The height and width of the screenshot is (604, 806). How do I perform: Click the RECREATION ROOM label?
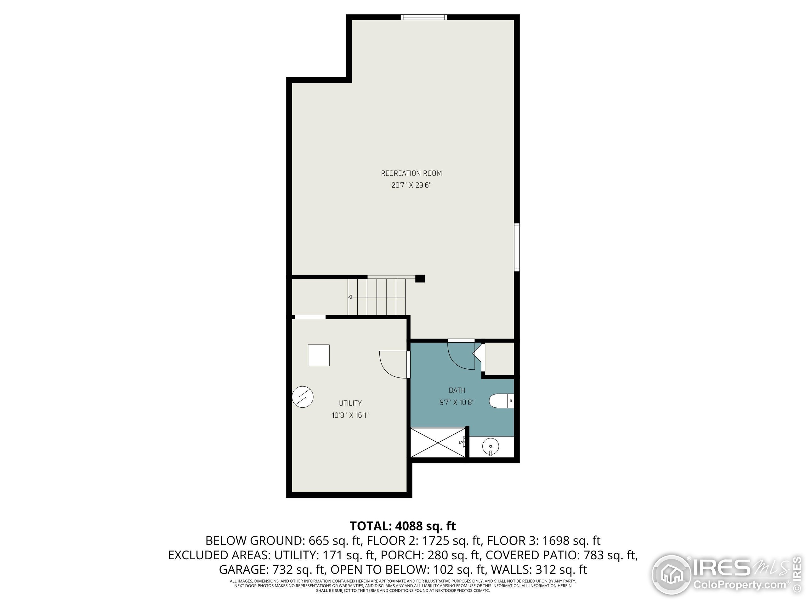pos(412,173)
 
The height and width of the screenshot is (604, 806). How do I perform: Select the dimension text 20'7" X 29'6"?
pos(412,185)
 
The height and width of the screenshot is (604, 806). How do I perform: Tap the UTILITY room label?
pos(350,403)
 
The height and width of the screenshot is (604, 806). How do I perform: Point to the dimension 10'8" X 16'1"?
pos(350,415)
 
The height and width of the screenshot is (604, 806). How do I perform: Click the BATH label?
pos(457,390)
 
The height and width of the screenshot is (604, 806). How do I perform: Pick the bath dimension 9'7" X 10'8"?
pos(457,402)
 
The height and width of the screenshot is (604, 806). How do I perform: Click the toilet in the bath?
pos(501,401)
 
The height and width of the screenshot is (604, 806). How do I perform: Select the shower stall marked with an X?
pos(438,443)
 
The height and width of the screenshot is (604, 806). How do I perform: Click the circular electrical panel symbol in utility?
pos(303,396)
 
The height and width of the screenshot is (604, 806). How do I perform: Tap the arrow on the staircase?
pos(350,297)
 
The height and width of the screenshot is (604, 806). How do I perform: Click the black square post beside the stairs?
pos(420,278)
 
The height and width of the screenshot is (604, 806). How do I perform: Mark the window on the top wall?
pos(424,17)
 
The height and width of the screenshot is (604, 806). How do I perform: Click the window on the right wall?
pos(517,247)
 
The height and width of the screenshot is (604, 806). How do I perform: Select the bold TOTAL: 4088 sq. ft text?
pos(403,526)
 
